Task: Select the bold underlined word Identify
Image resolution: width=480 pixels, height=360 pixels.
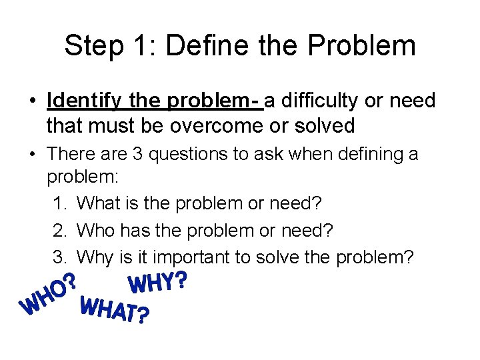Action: click(83, 101)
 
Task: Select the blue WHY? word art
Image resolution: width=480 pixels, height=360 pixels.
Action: click(157, 283)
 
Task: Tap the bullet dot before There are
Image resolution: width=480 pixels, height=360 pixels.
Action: click(32, 155)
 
